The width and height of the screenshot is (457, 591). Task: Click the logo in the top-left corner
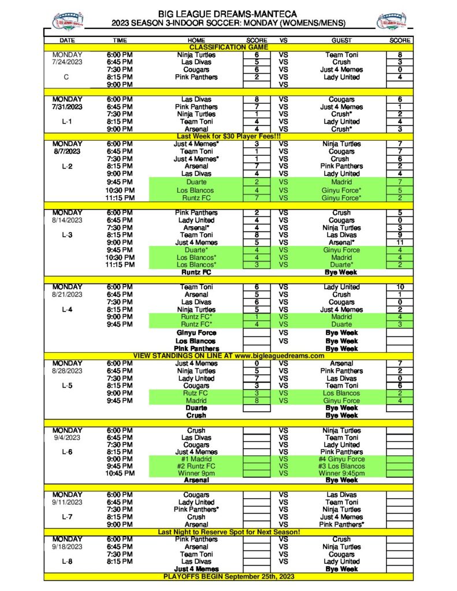coord(68,21)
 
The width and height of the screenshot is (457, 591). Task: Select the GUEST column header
coord(341,40)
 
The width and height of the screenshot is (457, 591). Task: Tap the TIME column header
coord(120,40)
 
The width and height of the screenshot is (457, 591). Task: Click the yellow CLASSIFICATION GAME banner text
coord(228,47)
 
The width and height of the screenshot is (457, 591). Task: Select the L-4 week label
coord(67,310)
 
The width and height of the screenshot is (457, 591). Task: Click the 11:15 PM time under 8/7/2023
coord(120,198)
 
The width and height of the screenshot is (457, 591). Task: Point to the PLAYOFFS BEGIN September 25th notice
coord(228,577)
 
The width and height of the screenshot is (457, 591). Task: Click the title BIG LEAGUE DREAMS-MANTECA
coord(228,13)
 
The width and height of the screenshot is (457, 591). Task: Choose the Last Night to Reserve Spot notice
coord(228,532)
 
